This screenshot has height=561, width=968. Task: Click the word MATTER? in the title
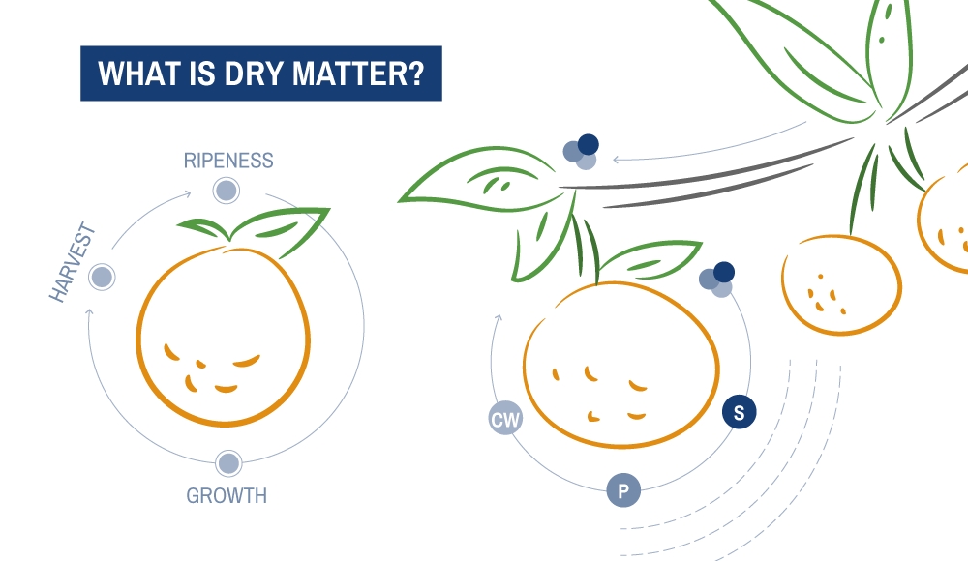click(x=358, y=74)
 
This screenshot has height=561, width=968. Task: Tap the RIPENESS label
click(x=228, y=161)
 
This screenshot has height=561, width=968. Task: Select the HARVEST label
click(x=73, y=262)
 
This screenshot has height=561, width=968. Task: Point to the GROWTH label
click(x=227, y=495)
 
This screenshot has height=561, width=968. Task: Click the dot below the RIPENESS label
click(x=226, y=191)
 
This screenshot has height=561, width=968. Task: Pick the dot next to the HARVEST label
click(x=102, y=277)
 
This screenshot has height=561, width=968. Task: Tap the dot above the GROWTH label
click(x=228, y=463)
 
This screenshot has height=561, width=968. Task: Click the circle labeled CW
click(x=505, y=419)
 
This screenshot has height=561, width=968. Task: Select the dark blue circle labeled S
click(x=739, y=412)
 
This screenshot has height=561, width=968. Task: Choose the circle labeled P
click(x=622, y=490)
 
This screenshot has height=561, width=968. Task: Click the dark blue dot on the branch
click(x=588, y=144)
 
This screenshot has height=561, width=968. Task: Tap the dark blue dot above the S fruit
click(x=723, y=272)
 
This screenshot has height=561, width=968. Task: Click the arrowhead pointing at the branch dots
click(x=616, y=160)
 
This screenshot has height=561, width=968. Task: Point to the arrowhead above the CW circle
click(x=499, y=318)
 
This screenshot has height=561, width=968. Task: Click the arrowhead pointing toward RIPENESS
click(x=188, y=194)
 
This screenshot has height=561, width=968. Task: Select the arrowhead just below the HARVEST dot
click(x=89, y=312)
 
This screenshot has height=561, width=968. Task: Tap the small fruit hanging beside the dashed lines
click(x=841, y=284)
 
